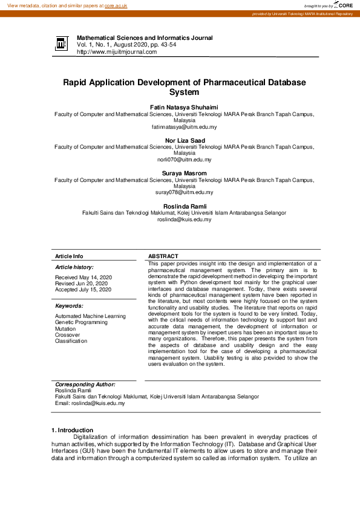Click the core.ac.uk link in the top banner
[116, 5]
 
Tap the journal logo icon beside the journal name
[61, 44]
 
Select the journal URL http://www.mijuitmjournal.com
[116, 52]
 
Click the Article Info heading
[69, 256]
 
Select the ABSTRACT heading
[163, 256]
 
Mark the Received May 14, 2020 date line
[83, 277]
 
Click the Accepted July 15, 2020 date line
[83, 290]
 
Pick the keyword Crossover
[68, 334]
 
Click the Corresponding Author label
[85, 384]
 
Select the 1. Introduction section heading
[73, 430]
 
